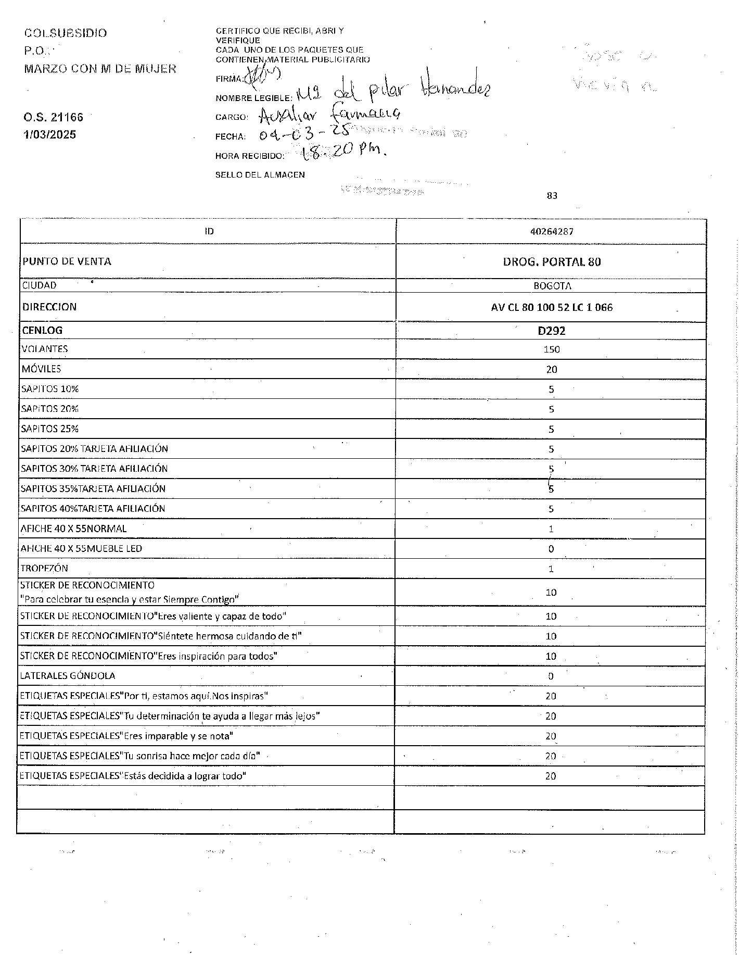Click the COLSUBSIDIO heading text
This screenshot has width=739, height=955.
tap(66, 33)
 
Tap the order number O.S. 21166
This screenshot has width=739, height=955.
tap(53, 117)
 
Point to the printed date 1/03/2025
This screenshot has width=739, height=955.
tap(50, 135)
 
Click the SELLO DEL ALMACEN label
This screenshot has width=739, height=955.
tap(260, 175)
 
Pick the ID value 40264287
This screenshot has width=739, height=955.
tap(551, 232)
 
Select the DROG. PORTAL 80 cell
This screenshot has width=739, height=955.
tap(551, 262)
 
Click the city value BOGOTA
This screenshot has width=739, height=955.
tap(552, 286)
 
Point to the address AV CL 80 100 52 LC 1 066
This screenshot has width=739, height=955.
tap(551, 308)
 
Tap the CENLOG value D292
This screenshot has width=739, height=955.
tap(551, 331)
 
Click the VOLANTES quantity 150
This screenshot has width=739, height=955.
tap(551, 349)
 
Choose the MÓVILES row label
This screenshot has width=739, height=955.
tap(42, 369)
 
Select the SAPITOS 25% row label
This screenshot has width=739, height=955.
tap(50, 429)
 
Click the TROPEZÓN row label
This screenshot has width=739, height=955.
tap(44, 569)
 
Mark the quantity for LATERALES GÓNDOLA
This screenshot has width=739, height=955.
tap(551, 676)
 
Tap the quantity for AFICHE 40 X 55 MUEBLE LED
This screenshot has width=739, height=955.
tap(551, 549)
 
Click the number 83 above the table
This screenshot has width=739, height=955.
tap(552, 196)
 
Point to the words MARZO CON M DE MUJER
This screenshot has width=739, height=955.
tap(100, 69)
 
